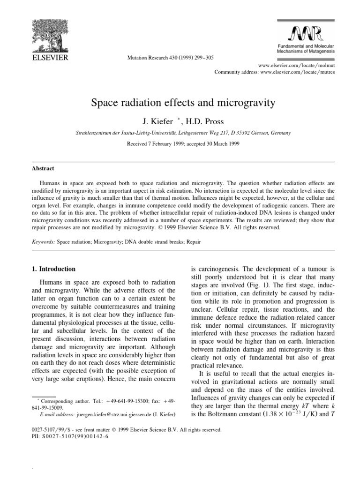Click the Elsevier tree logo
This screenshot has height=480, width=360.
point(50,36)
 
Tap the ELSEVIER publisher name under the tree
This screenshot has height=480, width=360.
point(50,58)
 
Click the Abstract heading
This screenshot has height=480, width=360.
point(43,168)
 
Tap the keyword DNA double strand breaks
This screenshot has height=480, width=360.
point(159,243)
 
